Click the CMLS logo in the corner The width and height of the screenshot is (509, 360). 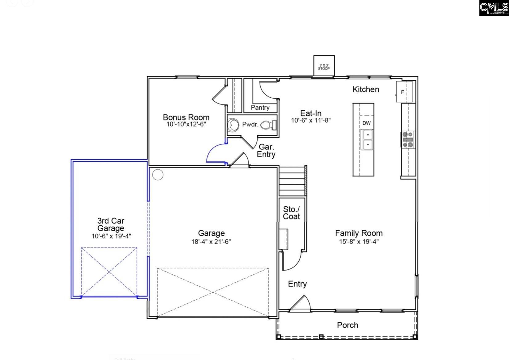[494, 8]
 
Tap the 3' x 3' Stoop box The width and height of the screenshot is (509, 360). [324, 66]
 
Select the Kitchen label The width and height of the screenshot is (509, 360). [366, 89]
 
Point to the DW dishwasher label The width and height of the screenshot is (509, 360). [366, 123]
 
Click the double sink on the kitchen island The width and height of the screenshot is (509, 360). [367, 140]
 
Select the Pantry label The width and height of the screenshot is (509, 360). [260, 108]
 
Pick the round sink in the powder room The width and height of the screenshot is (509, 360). [233, 125]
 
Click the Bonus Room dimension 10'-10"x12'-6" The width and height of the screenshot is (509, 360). [186, 124]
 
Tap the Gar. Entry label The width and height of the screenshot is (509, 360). [266, 151]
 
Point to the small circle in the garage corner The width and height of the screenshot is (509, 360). [158, 175]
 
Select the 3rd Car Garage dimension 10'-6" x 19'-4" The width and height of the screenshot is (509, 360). [111, 236]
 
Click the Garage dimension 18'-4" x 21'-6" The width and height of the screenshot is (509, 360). [211, 241]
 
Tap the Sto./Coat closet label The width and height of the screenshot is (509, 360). [291, 213]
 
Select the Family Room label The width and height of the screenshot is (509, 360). [359, 233]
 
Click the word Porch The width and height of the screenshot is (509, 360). [347, 325]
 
